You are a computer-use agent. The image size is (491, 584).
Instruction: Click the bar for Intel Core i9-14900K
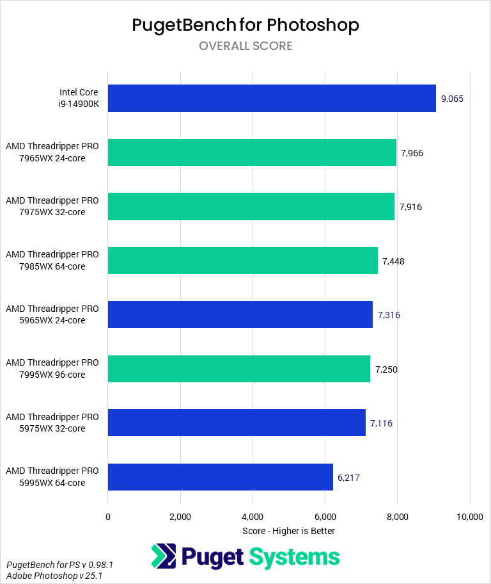coord(272,99)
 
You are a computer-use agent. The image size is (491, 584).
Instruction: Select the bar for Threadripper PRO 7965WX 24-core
coord(252,152)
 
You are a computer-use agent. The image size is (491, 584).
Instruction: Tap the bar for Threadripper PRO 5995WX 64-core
coord(221,476)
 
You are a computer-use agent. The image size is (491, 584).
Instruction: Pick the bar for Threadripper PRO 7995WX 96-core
coord(239,369)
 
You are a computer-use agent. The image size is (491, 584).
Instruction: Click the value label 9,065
coord(452,99)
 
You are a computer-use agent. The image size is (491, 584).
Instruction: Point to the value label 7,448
coord(393,261)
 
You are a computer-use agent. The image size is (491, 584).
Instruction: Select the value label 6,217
coord(349,477)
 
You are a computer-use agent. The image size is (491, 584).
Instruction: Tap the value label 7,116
coord(381,423)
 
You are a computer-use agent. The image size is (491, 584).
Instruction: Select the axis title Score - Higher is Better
coord(289,531)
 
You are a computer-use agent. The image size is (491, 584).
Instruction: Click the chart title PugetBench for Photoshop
coord(245,25)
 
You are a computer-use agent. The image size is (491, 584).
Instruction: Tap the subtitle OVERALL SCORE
coord(245,46)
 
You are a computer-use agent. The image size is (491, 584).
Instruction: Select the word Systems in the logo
coord(293,557)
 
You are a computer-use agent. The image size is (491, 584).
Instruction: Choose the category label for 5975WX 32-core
coord(52,423)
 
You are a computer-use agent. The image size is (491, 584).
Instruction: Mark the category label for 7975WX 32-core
coord(52,206)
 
